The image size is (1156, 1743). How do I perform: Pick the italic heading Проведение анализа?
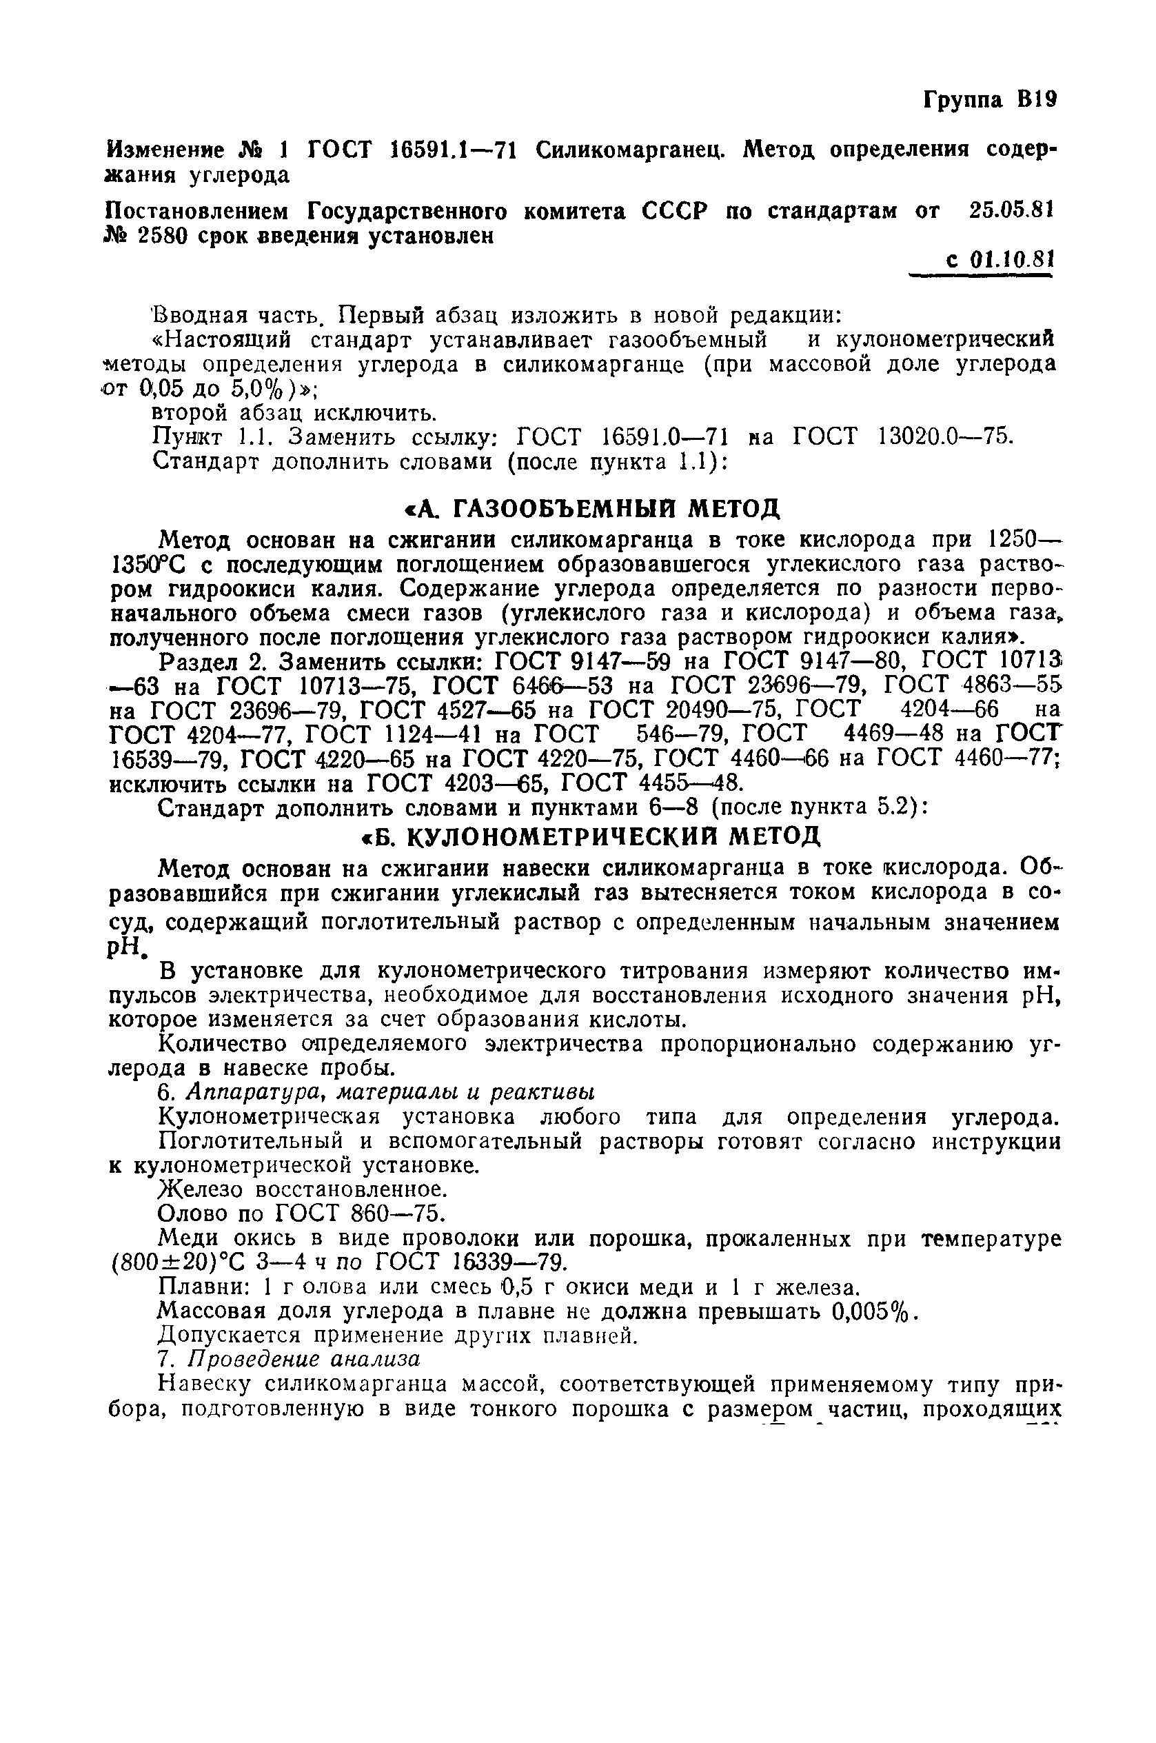pos(305,1359)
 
